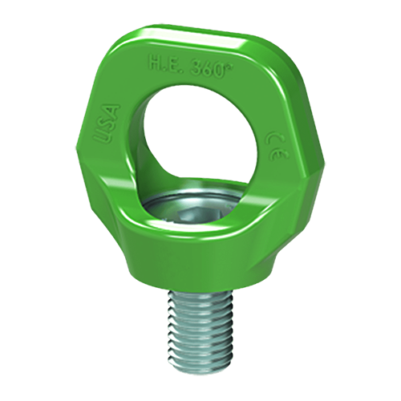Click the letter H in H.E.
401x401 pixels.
click(x=155, y=62)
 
